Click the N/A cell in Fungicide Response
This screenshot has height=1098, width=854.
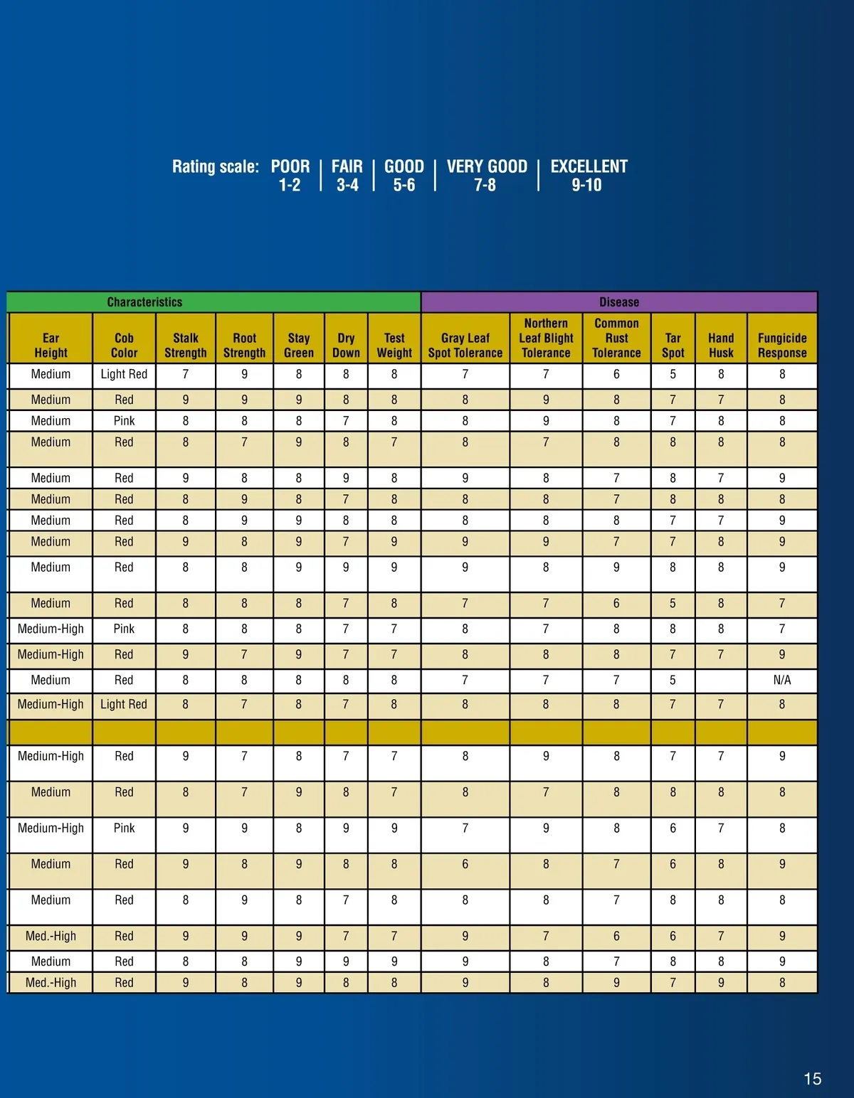point(781,680)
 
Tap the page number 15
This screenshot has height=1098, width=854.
point(812,1079)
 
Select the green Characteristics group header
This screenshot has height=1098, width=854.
point(144,302)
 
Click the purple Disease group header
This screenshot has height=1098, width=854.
point(619,302)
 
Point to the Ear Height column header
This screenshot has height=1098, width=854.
point(51,345)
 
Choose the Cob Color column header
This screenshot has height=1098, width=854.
point(124,345)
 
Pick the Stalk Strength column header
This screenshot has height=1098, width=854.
point(186,345)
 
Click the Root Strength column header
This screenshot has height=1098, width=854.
point(244,345)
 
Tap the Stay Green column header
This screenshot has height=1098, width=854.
point(299,345)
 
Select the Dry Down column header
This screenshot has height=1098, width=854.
point(346,345)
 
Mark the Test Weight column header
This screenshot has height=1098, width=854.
point(394,345)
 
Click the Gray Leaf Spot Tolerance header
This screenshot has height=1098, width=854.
point(465,345)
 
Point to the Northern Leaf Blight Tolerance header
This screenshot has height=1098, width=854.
point(546,338)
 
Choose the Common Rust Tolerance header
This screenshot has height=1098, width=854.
point(616,338)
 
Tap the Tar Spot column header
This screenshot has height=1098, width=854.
point(673,345)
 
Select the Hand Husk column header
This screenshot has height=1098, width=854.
point(721,345)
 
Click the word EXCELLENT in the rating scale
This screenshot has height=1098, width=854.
point(589,166)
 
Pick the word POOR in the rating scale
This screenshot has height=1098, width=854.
point(290,166)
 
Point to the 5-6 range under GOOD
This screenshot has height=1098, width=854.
point(404,186)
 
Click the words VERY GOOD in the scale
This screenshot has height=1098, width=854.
point(487,166)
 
